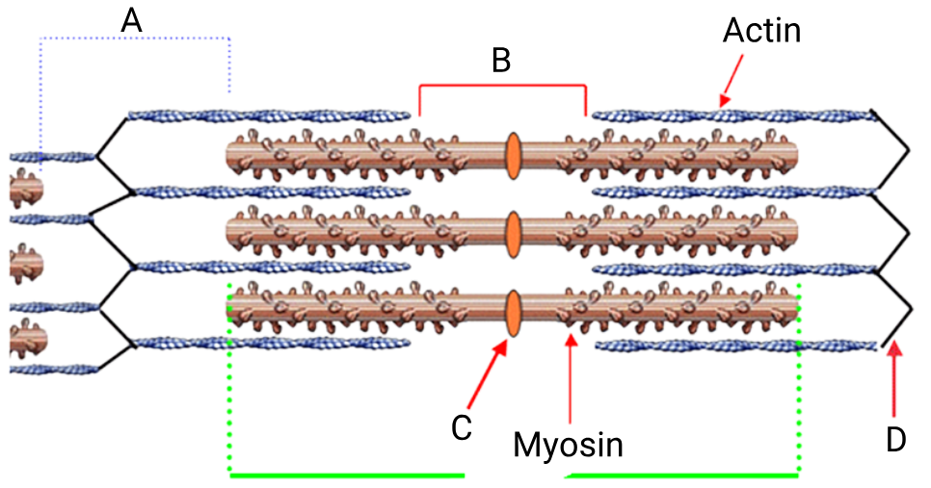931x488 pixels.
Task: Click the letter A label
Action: [131, 21]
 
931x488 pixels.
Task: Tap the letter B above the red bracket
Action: [501, 61]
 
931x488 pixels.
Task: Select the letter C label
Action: [462, 427]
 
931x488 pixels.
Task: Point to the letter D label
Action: [896, 440]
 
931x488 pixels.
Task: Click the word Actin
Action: [761, 30]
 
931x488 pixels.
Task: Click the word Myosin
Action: [569, 445]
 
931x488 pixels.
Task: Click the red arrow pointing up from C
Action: [488, 373]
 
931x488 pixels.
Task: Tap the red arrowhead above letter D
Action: [894, 350]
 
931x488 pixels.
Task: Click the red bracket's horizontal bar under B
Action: [503, 86]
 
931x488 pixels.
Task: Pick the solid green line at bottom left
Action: [347, 475]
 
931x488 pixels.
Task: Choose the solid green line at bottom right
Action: [682, 475]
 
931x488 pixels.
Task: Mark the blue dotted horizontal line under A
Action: [135, 39]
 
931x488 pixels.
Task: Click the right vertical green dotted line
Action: [799, 379]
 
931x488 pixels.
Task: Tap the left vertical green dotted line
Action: [229, 379]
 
